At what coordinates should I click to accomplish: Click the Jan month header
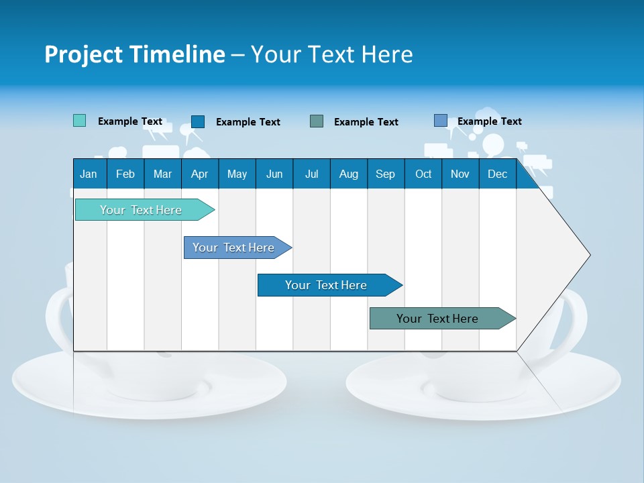(x=89, y=174)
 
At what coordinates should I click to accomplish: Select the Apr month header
(x=199, y=174)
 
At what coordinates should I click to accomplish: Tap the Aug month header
(x=348, y=174)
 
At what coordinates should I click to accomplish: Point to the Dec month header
(x=497, y=174)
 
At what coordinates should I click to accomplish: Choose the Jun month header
(x=274, y=174)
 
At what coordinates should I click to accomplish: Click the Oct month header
(x=423, y=174)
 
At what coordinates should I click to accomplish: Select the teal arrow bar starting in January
(x=141, y=210)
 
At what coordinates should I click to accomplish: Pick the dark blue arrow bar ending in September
(x=326, y=285)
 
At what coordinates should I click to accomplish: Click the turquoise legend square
(x=79, y=121)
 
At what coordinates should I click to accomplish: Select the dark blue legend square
(x=197, y=121)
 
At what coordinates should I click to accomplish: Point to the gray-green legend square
(x=317, y=121)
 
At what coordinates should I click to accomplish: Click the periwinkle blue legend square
(x=440, y=121)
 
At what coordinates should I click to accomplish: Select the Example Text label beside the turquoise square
(x=130, y=121)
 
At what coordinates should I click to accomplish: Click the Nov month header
(x=460, y=174)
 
